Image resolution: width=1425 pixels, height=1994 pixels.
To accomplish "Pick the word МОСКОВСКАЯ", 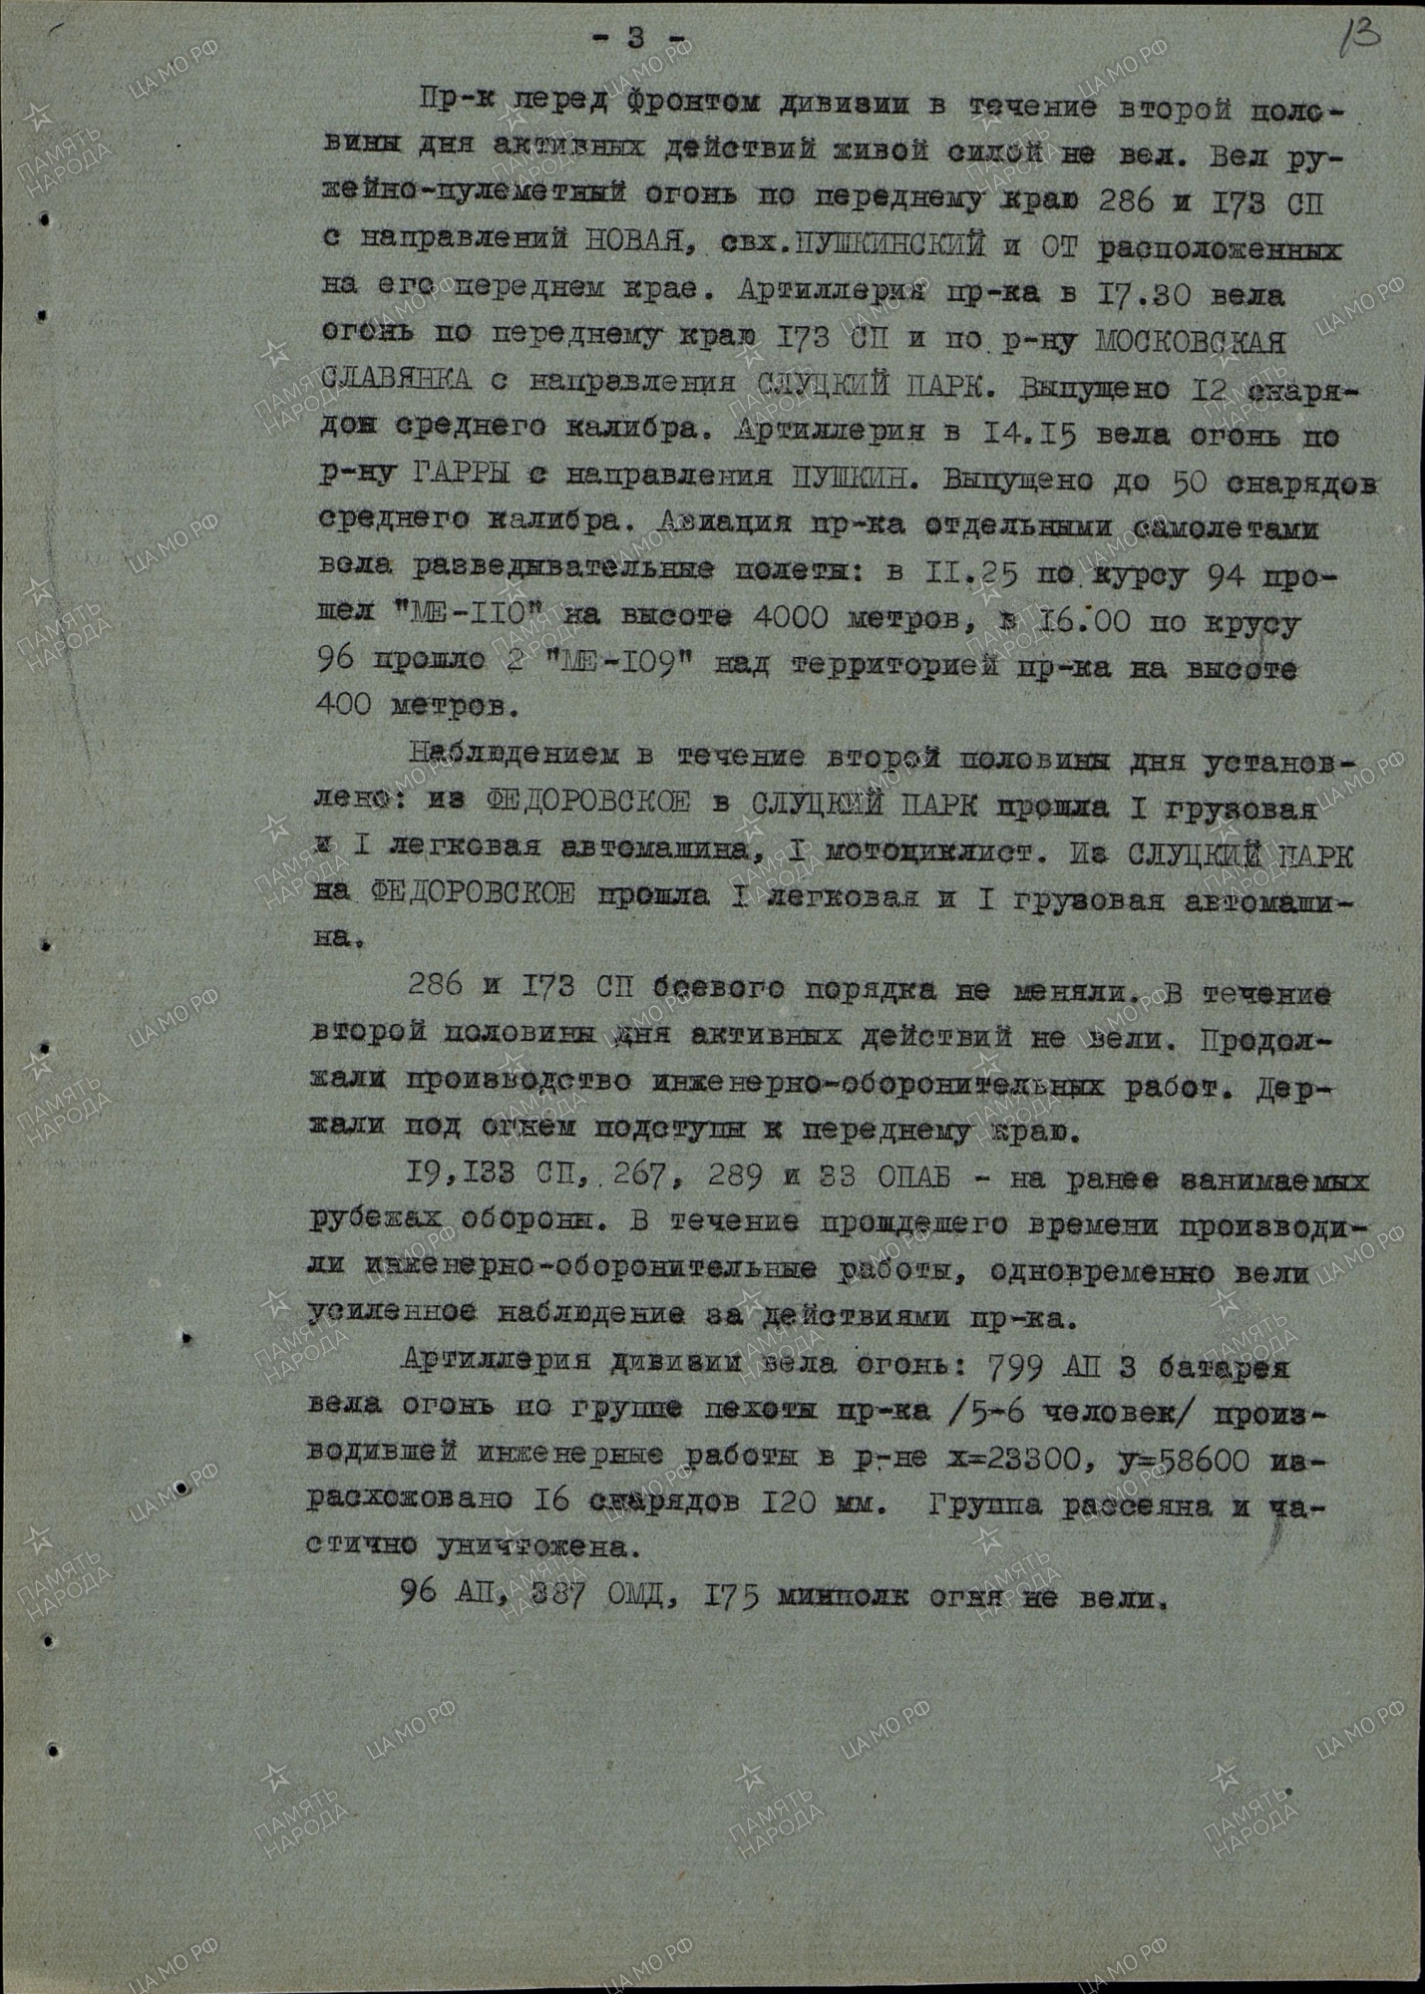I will tap(1190, 342).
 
